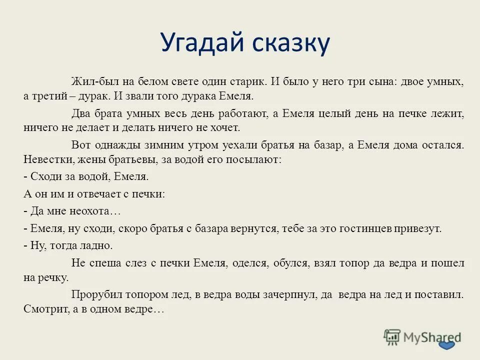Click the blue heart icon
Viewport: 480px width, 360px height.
click(x=447, y=346)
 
